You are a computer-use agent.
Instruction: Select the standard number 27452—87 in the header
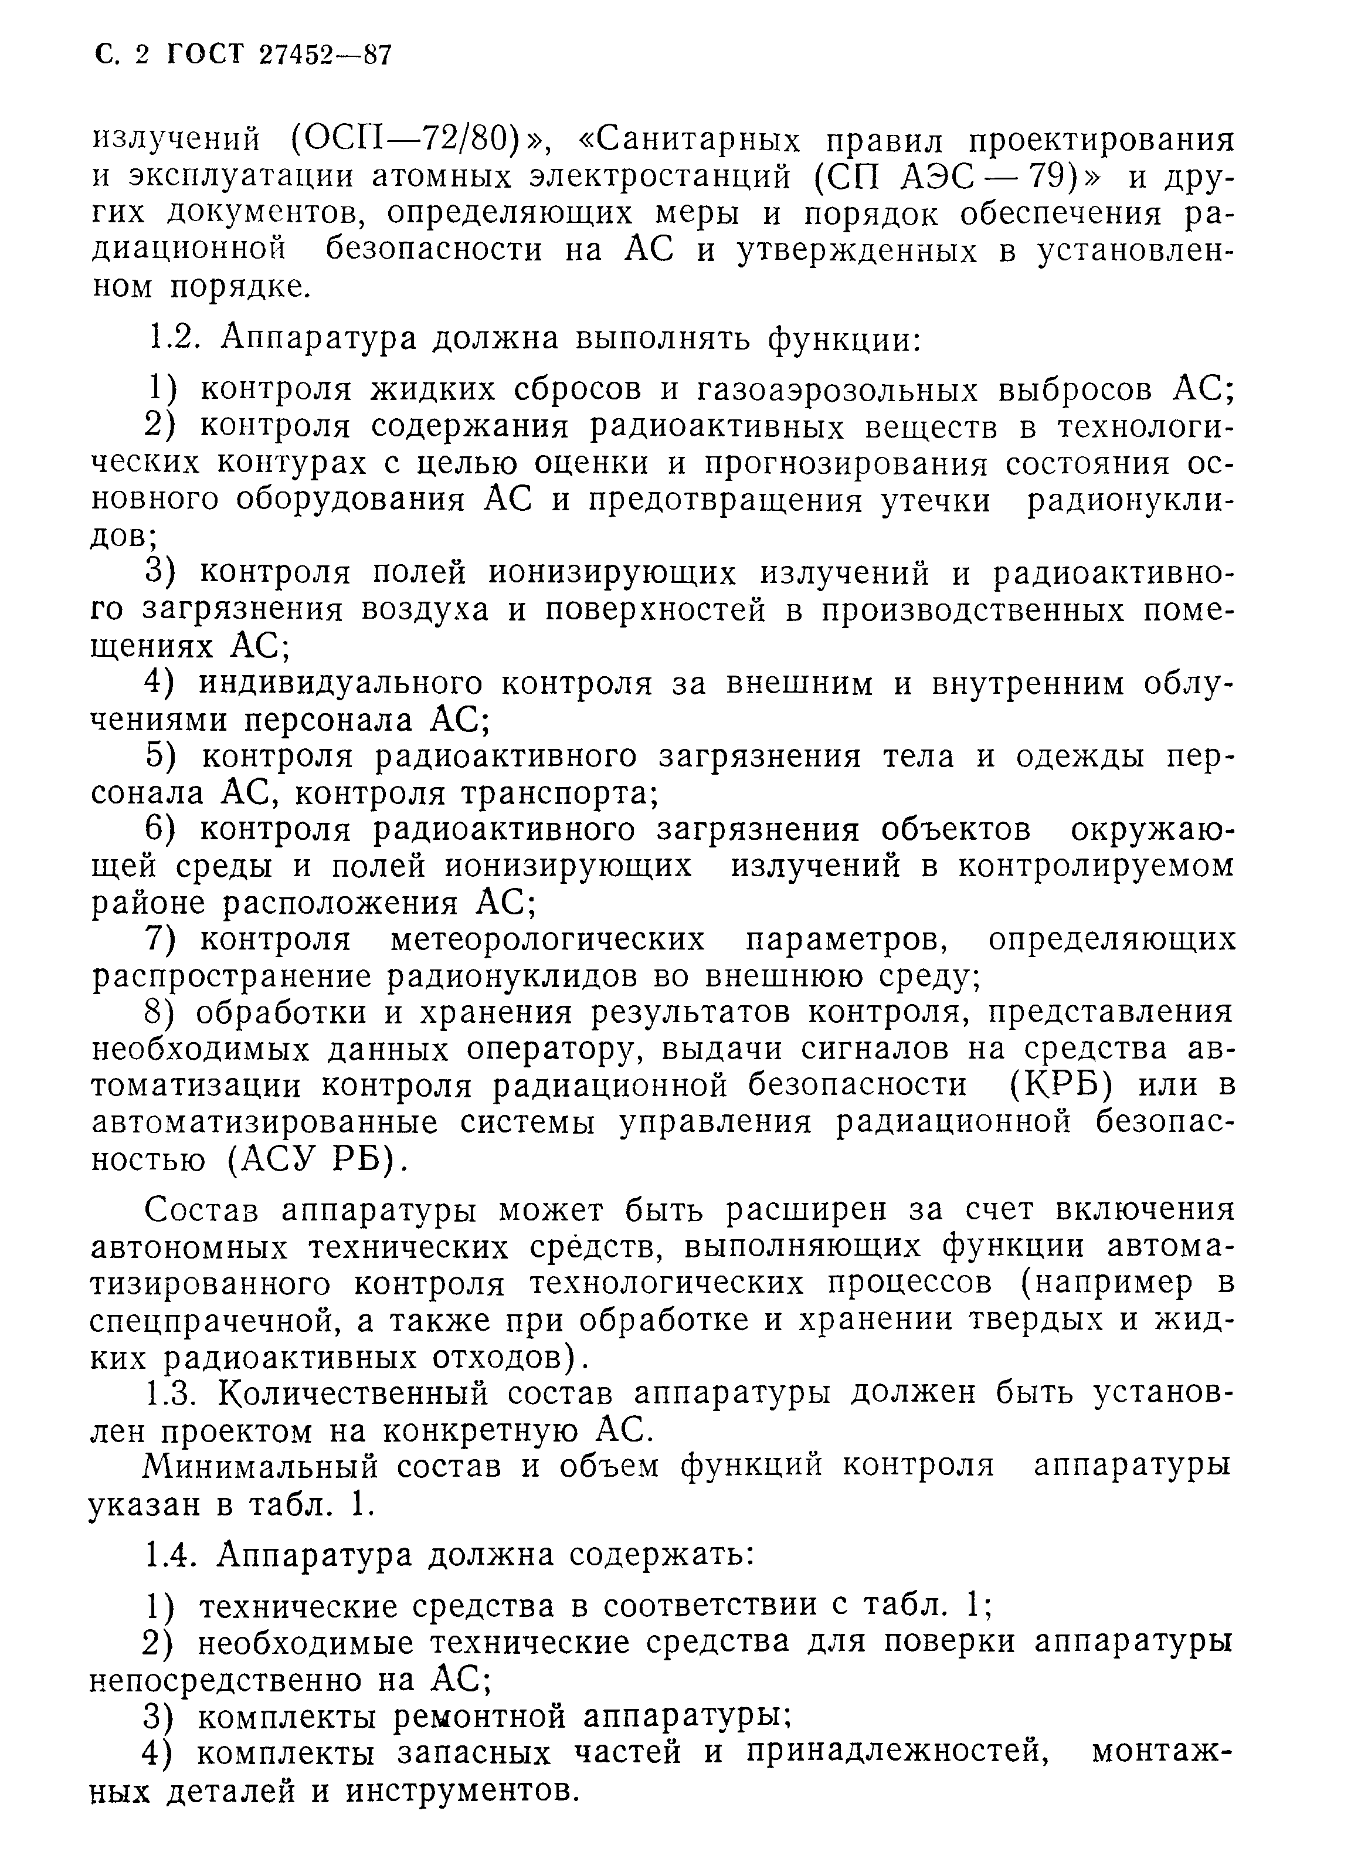[x=325, y=55]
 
